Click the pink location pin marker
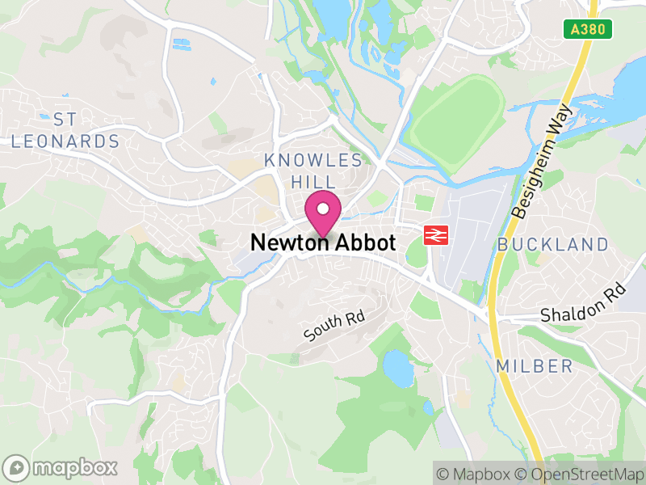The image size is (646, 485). pos(323,213)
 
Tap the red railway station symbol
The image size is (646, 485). pos(436,235)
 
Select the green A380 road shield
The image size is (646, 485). pos(588,29)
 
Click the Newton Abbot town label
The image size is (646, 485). pos(323,242)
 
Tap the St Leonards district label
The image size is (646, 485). pos(65,131)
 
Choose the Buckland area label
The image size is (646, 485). pos(553,244)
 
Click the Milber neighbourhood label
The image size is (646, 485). pos(535,366)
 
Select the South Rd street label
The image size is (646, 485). pos(334,326)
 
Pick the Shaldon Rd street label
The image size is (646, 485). pos(583,302)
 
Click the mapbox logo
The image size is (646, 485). pos(61,467)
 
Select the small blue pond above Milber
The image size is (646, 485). pos(397,367)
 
